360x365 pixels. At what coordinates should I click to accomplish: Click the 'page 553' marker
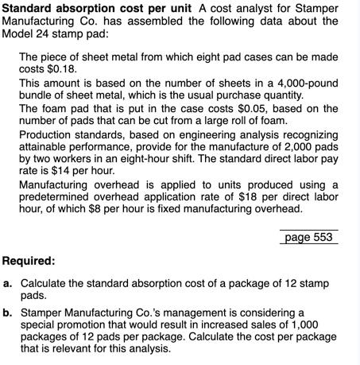(308, 237)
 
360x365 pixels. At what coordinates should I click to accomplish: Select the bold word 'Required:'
(29, 261)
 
